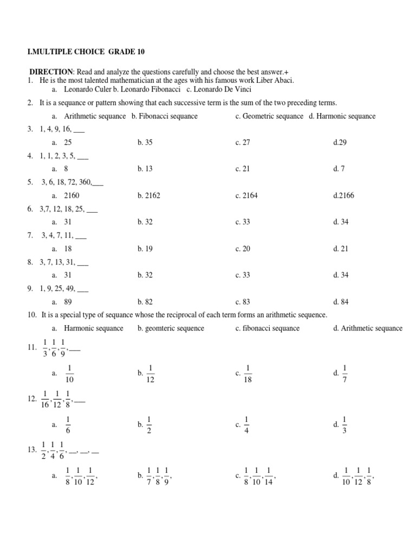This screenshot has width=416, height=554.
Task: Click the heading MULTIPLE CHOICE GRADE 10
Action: [x=87, y=52]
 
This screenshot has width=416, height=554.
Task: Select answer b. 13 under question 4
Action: [x=145, y=169]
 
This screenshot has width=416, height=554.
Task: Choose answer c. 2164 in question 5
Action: [x=246, y=195]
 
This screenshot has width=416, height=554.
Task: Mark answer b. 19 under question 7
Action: [x=145, y=248]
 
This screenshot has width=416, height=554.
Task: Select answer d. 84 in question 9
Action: [x=341, y=301]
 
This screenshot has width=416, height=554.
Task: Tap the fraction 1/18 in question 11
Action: [x=249, y=373]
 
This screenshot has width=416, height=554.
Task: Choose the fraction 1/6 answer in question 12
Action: [x=68, y=425]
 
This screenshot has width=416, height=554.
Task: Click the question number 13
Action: [x=31, y=450]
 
